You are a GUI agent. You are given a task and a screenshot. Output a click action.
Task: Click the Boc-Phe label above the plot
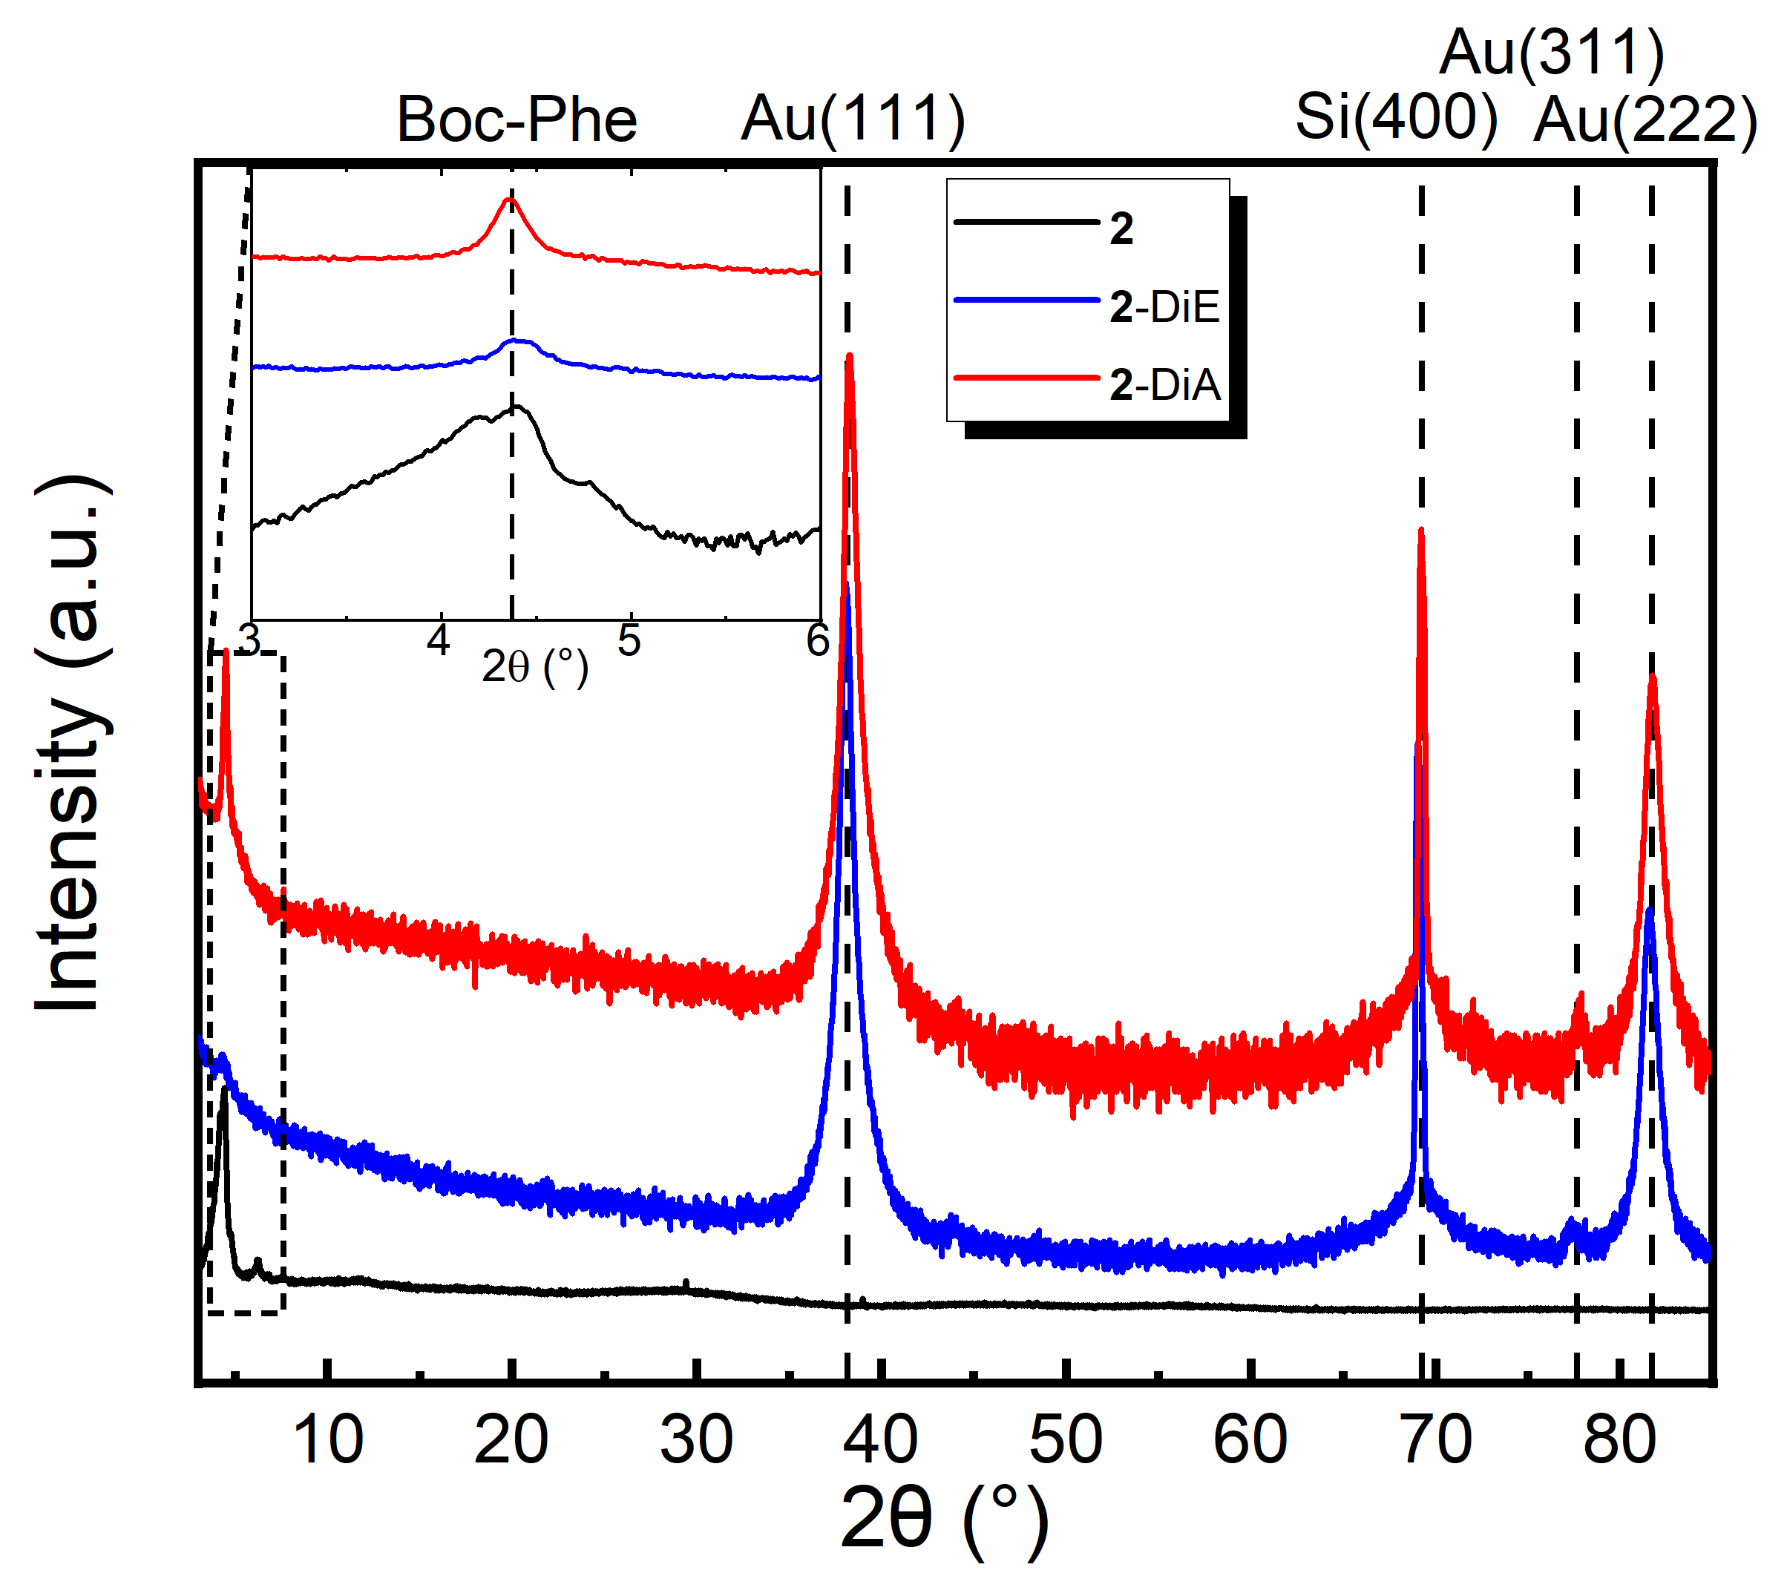517,119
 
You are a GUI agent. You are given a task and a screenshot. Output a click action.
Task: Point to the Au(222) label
1645,119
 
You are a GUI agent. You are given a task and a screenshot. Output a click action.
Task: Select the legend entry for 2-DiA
1164,385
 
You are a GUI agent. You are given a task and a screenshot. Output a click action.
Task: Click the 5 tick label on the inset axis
629,642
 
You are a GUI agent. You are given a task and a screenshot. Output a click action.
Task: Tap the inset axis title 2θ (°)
534,669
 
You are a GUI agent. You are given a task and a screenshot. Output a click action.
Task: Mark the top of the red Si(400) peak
1420,531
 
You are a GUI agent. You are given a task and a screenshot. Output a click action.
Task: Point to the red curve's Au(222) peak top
1652,676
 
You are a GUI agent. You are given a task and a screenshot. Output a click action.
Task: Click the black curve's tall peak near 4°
224,1090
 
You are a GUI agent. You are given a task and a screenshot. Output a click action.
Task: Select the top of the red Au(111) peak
849,356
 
